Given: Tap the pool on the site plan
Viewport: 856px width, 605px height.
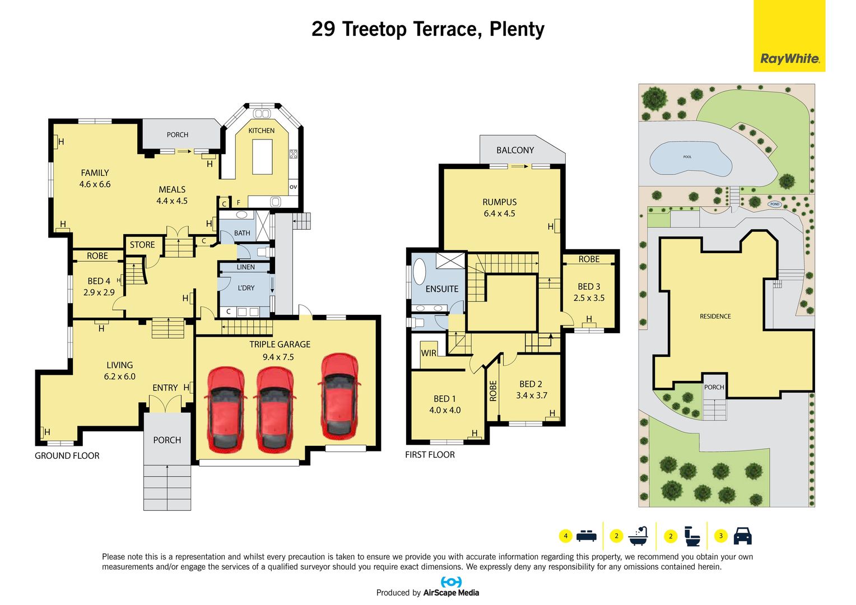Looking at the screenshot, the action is pos(691,159).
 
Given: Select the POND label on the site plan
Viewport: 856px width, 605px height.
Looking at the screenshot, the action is pos(775,204).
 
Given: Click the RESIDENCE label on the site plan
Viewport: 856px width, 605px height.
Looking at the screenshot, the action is pos(715,317).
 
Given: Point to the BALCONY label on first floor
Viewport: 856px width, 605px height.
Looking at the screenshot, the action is pos(515,150).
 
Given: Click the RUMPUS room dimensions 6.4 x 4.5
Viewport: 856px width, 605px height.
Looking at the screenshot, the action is pos(500,213).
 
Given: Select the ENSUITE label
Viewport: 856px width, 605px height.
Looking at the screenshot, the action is pos(442,289).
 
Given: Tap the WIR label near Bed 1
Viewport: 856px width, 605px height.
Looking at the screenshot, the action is pos(429,353).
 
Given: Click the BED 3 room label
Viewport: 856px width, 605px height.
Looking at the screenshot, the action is pos(589,286).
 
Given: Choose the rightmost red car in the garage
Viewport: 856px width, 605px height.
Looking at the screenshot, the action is pos(339,396).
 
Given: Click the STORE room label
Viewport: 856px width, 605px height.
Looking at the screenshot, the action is pos(142,245).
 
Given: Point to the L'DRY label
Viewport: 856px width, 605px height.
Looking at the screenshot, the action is pos(246,288).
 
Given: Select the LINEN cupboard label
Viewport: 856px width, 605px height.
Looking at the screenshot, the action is pos(245,267).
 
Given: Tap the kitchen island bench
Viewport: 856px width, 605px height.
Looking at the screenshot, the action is pos(262,157).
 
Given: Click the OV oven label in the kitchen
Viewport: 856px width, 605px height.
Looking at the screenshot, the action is pos(293,187).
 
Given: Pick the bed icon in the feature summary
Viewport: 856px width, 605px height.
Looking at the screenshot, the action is pos(586,536).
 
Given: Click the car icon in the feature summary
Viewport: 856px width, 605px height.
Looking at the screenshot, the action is pos(742,536).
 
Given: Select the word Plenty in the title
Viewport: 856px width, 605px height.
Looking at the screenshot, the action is pos(517,30).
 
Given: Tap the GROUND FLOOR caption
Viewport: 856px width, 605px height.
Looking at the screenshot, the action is pos(67,455).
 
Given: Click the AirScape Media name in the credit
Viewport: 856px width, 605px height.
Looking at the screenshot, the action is pos(451,592).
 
